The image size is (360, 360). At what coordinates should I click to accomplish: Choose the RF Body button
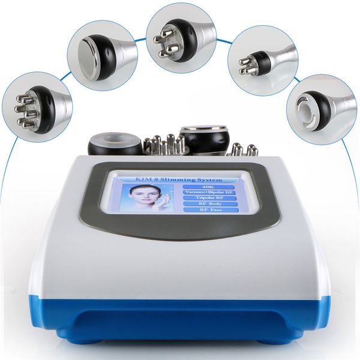205,205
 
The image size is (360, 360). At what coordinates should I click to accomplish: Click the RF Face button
205,211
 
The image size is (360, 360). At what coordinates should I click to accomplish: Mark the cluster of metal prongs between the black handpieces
166,144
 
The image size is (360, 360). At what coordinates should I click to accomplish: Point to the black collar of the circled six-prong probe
45,108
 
